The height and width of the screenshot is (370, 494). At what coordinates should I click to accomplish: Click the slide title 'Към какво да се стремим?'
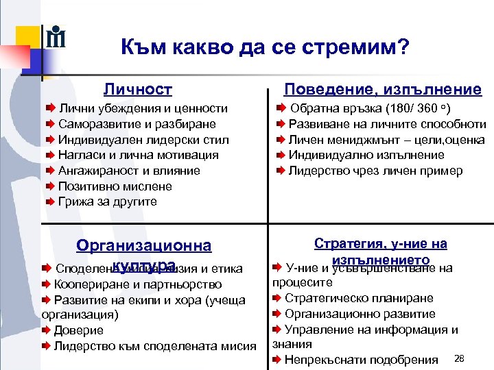point(265,47)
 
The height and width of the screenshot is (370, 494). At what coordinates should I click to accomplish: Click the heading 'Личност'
point(138,89)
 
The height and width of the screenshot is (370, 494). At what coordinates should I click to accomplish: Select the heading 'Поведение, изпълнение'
point(383,89)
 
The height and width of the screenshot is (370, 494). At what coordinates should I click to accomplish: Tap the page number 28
point(460,358)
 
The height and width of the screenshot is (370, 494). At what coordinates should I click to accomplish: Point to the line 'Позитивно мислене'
point(115,186)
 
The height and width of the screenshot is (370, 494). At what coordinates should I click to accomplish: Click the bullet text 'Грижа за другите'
point(108,201)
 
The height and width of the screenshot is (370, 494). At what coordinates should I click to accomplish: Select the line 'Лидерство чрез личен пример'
point(375,171)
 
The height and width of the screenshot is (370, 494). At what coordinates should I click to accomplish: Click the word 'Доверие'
point(73,330)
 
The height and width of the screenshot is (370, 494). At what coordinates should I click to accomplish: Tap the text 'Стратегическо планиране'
point(359,298)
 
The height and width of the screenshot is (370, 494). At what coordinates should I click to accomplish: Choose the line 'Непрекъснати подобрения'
point(361,360)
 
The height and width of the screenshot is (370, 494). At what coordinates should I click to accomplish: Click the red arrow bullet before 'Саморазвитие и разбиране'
point(50,124)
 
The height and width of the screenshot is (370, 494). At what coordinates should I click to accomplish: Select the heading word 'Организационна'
point(144,245)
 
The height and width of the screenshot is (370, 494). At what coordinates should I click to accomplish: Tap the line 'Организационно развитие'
point(360,314)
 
